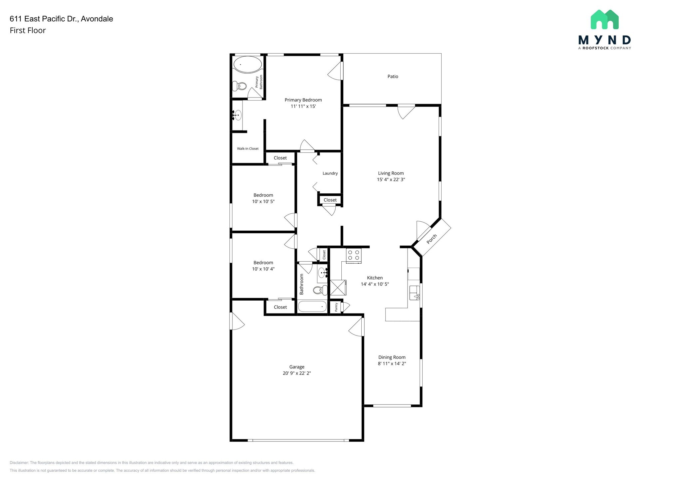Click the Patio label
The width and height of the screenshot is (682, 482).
393,77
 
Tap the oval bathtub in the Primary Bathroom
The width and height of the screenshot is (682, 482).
247,64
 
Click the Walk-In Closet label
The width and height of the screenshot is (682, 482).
247,149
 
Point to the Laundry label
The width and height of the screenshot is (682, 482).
330,173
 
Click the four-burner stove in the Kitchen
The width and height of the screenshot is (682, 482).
354,255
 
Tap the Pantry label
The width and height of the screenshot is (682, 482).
336,307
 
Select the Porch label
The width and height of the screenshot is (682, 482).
432,239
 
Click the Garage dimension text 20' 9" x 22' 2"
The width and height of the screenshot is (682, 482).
297,373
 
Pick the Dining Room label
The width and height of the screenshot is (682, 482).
392,358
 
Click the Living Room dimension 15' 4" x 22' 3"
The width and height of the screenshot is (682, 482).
391,180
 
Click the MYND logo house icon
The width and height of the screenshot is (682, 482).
604,20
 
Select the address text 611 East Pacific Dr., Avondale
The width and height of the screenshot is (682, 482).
61,19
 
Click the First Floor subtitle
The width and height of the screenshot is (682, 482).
28,31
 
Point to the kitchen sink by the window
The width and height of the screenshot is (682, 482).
414,293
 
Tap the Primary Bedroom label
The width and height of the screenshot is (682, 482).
303,100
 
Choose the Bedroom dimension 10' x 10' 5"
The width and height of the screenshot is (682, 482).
263,202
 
